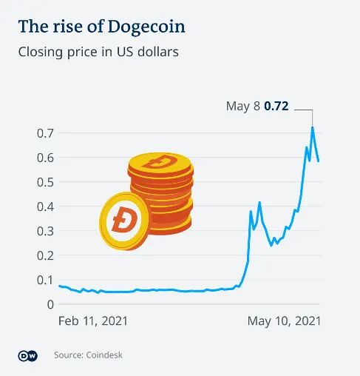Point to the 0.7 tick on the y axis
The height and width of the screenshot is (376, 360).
tap(44, 133)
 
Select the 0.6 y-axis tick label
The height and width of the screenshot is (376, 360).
tap(44, 158)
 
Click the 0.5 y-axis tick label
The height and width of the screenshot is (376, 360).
tap(44, 182)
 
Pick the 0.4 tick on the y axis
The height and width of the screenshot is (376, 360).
tap(44, 207)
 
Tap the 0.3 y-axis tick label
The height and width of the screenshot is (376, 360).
tap(44, 231)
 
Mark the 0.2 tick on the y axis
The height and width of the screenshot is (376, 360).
tap(44, 255)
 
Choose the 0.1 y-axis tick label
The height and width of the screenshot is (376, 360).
tap(44, 280)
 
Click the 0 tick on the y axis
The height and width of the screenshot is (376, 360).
tap(49, 304)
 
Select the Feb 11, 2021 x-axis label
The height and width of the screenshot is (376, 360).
tap(93, 321)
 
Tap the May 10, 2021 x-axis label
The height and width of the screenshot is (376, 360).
tap(284, 321)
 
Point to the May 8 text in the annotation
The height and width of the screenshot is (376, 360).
tap(243, 107)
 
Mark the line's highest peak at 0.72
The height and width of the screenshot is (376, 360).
tap(313, 127)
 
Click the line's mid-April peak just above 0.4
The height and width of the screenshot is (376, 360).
tap(259, 202)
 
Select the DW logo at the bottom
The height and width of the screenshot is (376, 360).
tap(27, 356)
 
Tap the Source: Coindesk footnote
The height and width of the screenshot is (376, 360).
tap(88, 356)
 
